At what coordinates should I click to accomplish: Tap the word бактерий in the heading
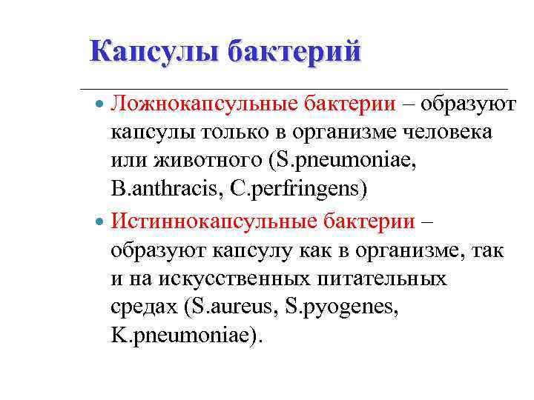point(294,52)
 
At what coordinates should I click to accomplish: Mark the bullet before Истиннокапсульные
point(102,221)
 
